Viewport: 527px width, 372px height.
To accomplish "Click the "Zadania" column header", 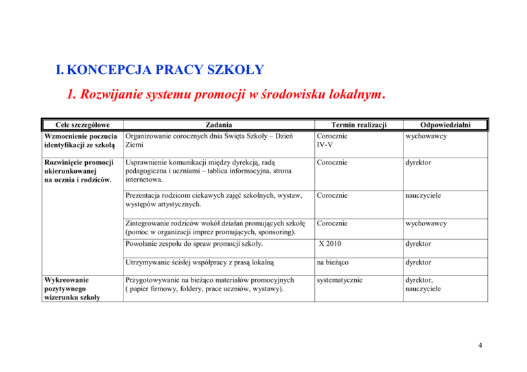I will [x=217, y=125].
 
